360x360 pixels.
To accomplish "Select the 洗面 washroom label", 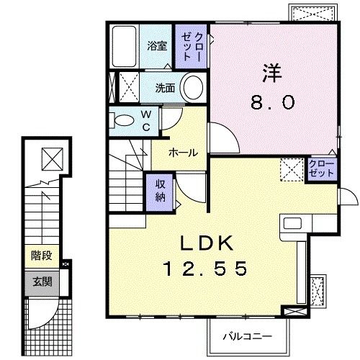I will pyautogui.click(x=166, y=89).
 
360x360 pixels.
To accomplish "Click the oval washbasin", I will pyautogui.click(x=192, y=88).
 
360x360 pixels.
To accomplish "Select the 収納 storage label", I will pyautogui.click(x=160, y=190).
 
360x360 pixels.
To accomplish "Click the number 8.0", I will pyautogui.click(x=271, y=103).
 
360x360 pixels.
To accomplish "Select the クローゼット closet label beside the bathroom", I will pyautogui.click(x=192, y=45).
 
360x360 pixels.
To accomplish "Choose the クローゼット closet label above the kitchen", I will pyautogui.click(x=322, y=169).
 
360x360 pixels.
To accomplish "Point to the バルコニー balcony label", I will pyautogui.click(x=246, y=336).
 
